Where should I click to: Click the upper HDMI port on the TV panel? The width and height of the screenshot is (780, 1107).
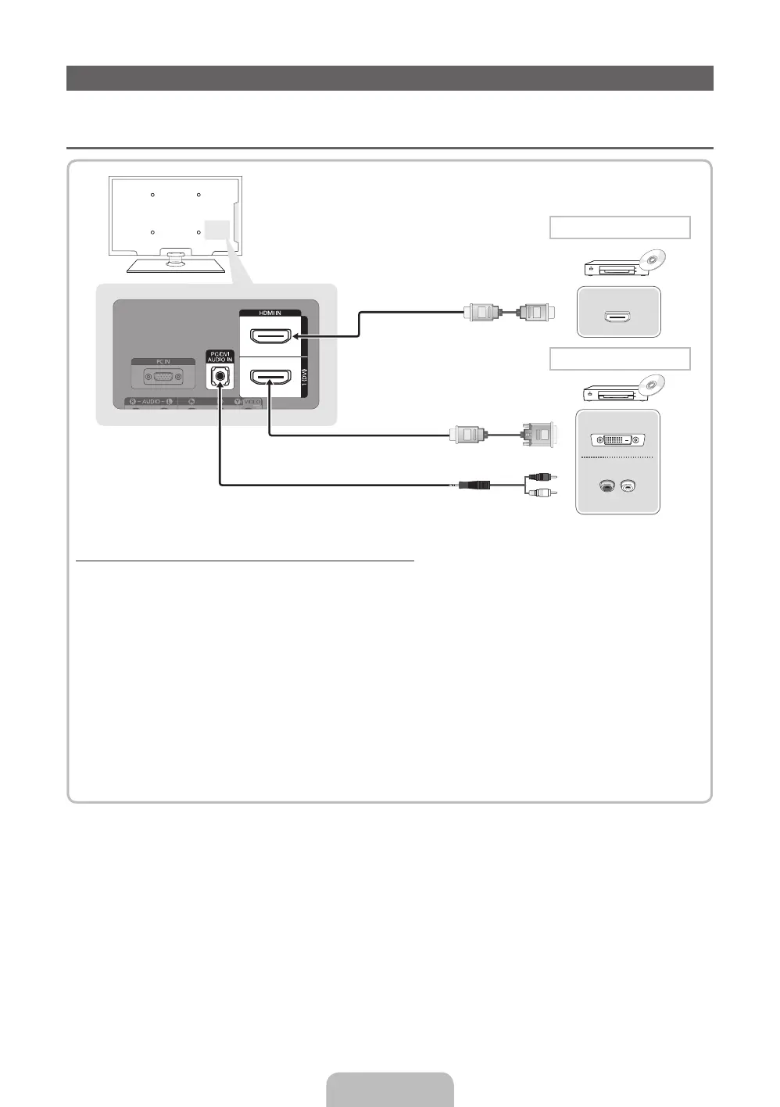[x=270, y=337]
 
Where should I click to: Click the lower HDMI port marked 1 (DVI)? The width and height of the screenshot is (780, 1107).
[x=270, y=377]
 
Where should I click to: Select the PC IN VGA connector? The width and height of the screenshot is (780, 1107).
[x=163, y=377]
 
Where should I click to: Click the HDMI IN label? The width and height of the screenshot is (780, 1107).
[x=270, y=313]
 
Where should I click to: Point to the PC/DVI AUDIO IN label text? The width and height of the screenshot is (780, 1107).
[x=220, y=356]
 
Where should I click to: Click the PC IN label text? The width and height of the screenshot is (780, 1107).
[x=163, y=362]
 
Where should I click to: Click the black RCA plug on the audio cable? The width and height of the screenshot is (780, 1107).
[x=539, y=476]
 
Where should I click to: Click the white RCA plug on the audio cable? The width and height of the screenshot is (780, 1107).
[x=539, y=493]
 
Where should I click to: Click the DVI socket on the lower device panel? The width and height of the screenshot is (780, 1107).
[x=617, y=440]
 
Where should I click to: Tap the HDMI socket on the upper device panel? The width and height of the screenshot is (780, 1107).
[x=617, y=317]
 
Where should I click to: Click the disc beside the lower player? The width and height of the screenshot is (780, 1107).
[x=651, y=385]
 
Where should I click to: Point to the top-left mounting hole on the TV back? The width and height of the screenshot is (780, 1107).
[x=152, y=195]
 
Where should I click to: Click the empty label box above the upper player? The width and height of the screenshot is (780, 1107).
[x=620, y=227]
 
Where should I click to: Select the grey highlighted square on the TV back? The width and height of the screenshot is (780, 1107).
[x=216, y=230]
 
